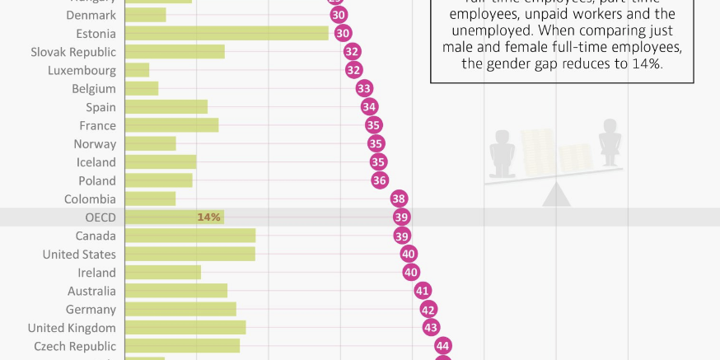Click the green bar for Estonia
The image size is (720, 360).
point(227,33)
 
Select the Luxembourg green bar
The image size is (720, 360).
point(137,70)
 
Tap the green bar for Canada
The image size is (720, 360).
point(190,236)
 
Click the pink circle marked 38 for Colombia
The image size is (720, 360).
point(399,199)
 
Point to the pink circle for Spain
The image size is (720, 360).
point(369,107)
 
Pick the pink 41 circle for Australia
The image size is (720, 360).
point(423,291)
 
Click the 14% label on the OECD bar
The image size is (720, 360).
point(208,217)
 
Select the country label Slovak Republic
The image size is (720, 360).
point(73,52)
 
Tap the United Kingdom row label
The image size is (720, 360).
point(72,328)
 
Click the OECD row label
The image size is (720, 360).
point(101,217)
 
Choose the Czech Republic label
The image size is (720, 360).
point(75,346)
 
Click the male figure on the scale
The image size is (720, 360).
point(501,154)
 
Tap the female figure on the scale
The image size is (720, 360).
point(610,140)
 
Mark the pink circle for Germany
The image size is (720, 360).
point(428,310)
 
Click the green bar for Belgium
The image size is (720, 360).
point(142,88)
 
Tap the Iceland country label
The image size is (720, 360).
point(96,162)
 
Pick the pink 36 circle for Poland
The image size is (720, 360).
point(379,180)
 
